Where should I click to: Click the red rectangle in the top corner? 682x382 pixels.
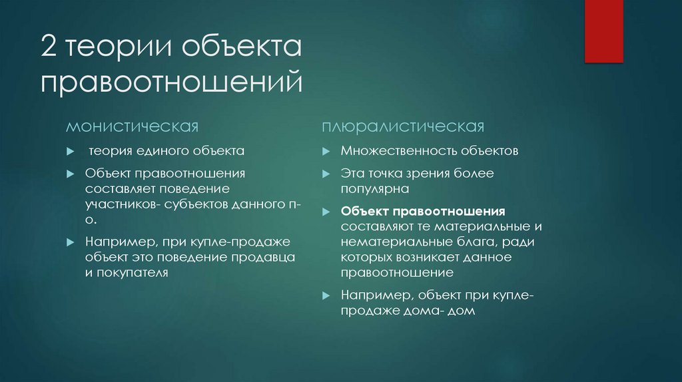[603, 31]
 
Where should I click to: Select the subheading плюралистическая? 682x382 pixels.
[403, 126]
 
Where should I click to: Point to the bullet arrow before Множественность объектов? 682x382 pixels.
[325, 152]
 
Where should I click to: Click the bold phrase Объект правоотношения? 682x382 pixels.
[423, 212]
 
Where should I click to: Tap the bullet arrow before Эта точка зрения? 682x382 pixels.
[325, 174]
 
